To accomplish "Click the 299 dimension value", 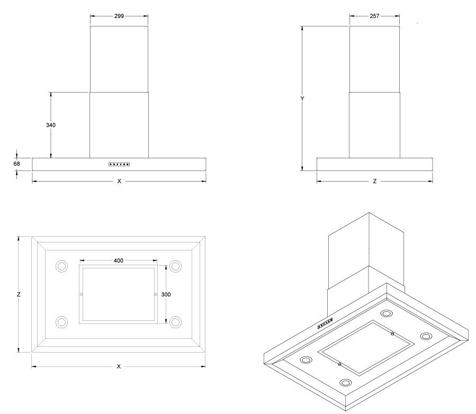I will (119, 16).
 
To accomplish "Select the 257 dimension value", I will (374, 16).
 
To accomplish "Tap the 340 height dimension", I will (51, 125).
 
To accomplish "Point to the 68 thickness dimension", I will (16, 164).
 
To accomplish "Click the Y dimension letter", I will (301, 98).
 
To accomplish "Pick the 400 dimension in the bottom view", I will (119, 260).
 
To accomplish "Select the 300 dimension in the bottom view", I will (166, 294).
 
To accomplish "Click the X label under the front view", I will (119, 181).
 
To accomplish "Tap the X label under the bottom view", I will (119, 366).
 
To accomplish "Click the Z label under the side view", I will (374, 181).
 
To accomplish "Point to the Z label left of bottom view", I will (19, 294).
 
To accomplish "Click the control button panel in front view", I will (119, 165).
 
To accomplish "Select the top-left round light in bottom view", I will (62, 266).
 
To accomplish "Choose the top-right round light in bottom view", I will (175, 266).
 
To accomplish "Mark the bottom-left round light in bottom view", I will (62, 321).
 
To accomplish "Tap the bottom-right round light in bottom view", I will (175, 321).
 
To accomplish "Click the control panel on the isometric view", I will (325, 324).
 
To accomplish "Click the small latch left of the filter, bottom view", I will (81, 294).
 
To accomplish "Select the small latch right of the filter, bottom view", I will (156, 294).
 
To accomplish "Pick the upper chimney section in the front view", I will (119, 59).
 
